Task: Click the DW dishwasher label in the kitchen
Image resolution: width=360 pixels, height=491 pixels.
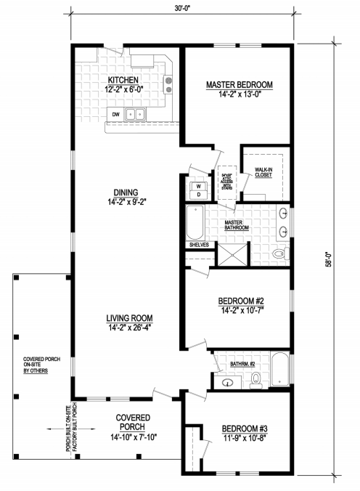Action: pos(115,114)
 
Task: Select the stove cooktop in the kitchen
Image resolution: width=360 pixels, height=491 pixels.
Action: pos(168,85)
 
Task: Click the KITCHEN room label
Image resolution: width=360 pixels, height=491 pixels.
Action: pos(123,80)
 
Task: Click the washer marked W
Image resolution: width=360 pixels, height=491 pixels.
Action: pos(197,186)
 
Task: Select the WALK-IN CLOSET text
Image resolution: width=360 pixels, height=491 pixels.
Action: pos(263,171)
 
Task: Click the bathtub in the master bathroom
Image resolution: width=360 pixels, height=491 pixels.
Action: pos(195,224)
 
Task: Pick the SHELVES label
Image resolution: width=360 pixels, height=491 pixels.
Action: pos(198,245)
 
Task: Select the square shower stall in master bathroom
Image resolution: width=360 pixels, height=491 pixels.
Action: pos(230,253)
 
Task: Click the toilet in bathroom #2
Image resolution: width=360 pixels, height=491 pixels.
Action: pos(256,378)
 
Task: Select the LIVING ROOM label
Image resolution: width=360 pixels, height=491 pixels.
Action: pos(129,318)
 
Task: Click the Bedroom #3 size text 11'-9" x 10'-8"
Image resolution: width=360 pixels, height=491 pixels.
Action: pos(244,437)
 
